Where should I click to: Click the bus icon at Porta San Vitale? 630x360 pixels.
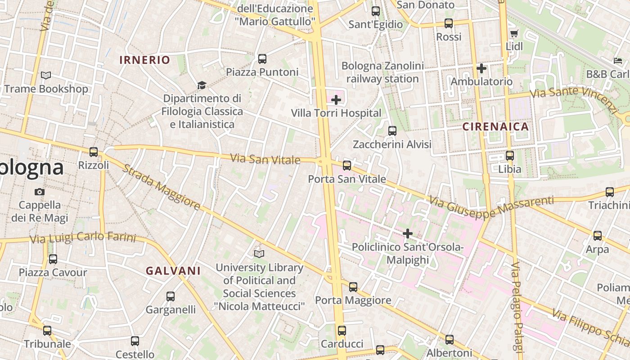point(346,165)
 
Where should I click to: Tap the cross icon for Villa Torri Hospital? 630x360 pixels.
point(336,99)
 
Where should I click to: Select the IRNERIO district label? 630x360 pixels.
point(144,60)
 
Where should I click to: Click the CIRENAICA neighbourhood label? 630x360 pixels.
point(495,126)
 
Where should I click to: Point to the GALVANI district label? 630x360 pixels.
point(173,271)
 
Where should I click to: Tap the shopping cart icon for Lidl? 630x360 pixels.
point(514,33)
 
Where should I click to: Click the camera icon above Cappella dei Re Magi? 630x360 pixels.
point(40,192)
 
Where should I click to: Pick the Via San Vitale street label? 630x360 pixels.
point(265,159)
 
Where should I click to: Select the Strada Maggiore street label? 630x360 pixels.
point(161,187)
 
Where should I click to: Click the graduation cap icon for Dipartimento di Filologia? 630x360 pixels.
point(202,85)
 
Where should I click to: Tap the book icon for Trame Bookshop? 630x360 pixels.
point(46,75)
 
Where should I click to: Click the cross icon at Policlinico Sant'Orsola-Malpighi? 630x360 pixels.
point(408,234)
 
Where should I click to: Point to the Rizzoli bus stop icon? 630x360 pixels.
point(94,152)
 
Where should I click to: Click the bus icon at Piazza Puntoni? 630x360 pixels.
point(262,58)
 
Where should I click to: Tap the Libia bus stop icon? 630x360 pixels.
point(509,156)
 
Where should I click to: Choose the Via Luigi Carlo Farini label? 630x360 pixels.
point(82,237)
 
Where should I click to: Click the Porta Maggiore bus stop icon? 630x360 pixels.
point(353,287)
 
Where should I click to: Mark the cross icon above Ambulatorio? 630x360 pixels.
point(481,68)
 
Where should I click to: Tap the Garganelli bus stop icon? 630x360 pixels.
point(171,296)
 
